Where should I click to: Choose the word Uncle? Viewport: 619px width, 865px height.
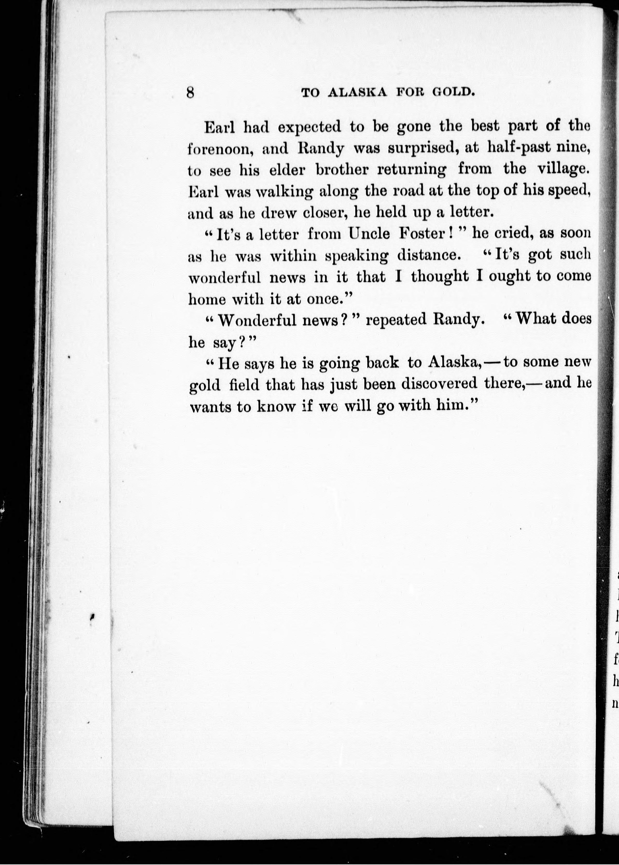click(369, 234)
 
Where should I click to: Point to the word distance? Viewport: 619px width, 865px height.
click(427, 255)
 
